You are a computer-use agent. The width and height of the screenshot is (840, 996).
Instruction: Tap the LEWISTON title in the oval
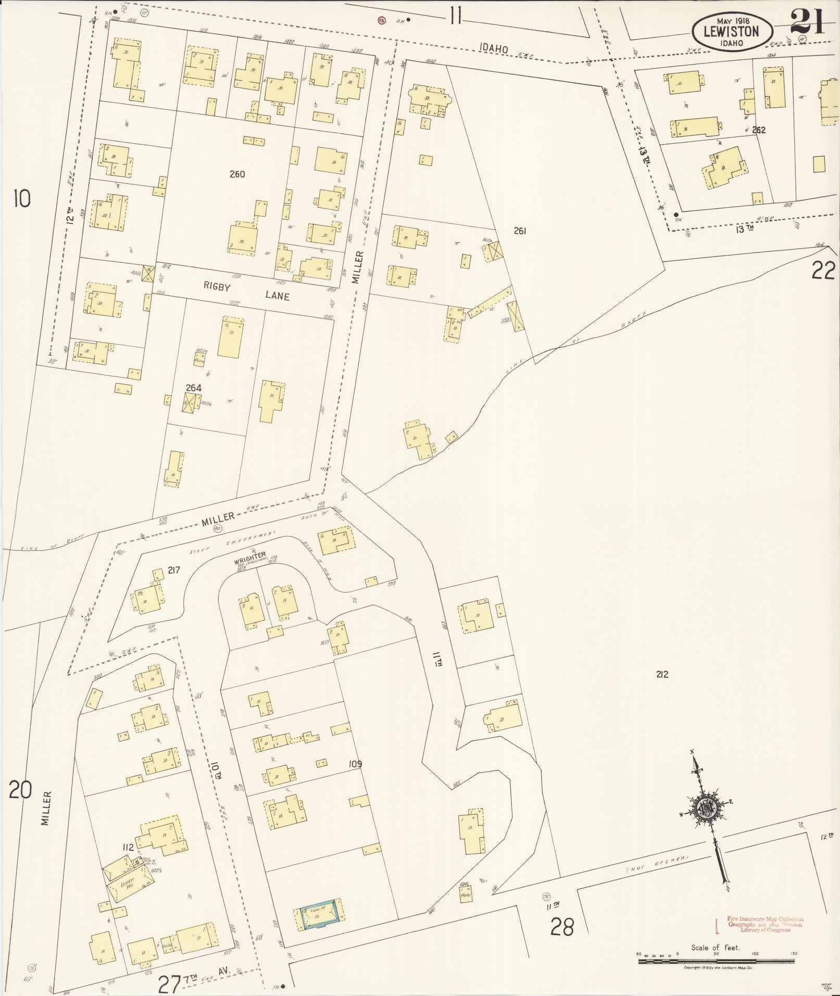tap(731, 31)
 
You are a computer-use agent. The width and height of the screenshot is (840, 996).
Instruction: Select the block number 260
tap(237, 174)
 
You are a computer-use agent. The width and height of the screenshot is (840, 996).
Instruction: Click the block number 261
tap(520, 231)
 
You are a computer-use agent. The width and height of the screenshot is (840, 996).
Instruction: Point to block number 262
tap(759, 130)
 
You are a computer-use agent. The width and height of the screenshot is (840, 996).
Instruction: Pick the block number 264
tap(194, 388)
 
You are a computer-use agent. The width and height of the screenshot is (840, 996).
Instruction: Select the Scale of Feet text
tap(715, 948)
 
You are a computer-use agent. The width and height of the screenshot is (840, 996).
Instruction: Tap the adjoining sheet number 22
tap(823, 271)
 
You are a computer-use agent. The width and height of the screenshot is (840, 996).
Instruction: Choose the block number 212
tap(662, 674)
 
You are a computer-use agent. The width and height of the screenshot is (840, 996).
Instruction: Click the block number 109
tap(355, 764)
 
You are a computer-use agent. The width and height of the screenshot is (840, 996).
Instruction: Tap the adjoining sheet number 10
tap(22, 199)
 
